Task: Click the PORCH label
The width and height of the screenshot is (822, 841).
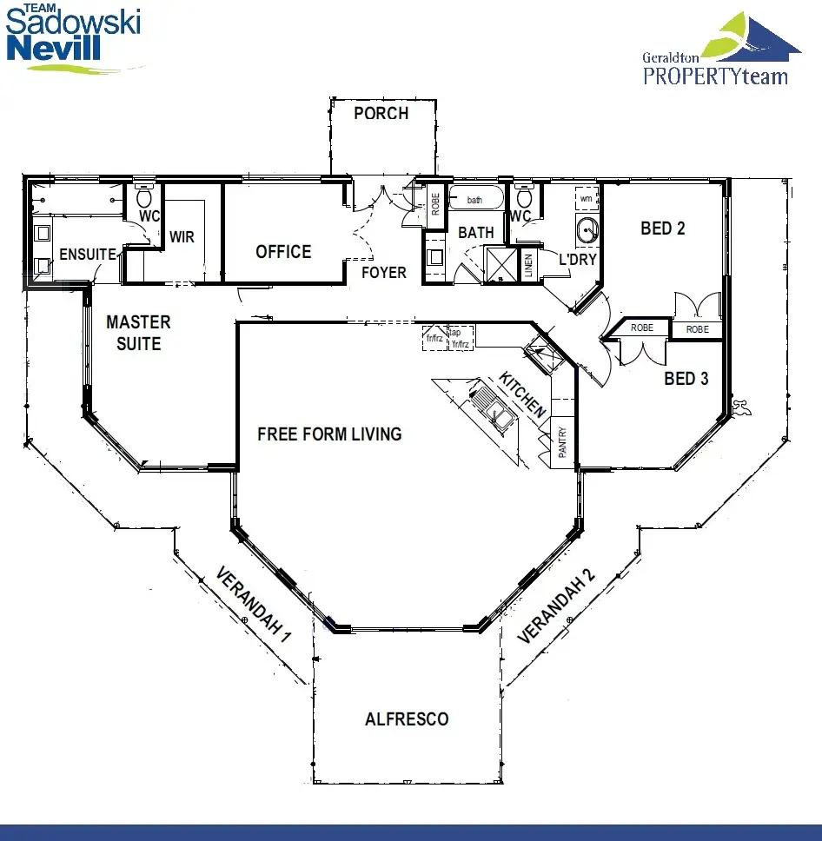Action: point(381,113)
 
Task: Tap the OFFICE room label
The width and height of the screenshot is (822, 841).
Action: point(283,252)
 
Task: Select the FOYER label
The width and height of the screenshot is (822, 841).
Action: point(384,273)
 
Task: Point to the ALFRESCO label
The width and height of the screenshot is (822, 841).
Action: point(407,718)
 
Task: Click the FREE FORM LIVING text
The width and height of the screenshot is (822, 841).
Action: point(329,434)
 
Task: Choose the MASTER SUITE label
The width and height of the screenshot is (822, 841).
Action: point(138,333)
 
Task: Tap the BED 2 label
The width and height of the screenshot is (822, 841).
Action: point(663,228)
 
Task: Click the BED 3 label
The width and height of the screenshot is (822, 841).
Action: point(686,379)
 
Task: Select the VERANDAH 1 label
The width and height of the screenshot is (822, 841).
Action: point(253,604)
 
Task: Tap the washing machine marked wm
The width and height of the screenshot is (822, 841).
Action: point(587,198)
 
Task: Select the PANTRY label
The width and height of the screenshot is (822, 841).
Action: point(562,442)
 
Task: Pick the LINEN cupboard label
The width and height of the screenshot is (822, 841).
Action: point(528,266)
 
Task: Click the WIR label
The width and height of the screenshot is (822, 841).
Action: point(182,236)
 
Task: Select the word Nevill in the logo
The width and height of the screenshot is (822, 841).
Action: point(54,47)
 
